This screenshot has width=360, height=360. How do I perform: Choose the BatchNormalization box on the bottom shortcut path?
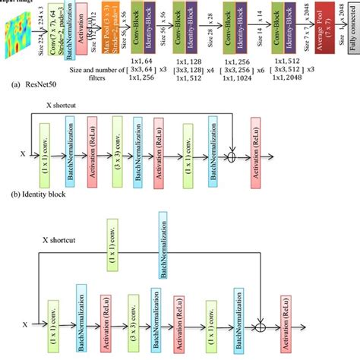coord(162,245)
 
